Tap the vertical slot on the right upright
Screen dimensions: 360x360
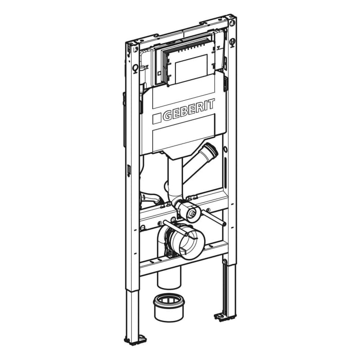coord(225,170)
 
